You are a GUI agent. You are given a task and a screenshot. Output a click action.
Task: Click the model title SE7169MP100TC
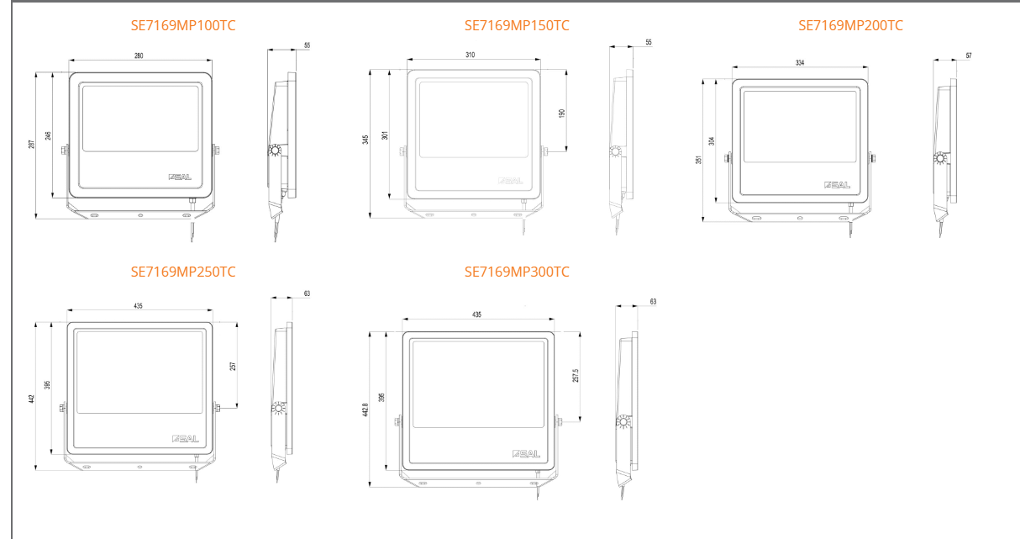183,25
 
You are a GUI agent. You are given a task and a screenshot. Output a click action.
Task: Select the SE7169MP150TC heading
517,25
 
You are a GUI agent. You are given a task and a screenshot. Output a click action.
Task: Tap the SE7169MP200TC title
850,25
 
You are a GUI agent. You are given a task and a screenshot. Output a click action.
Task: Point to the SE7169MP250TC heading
183,272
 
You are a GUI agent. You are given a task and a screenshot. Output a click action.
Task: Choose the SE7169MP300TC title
517,272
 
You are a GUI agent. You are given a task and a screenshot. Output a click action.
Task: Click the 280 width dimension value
139,55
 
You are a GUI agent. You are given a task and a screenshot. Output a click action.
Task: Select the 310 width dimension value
471,55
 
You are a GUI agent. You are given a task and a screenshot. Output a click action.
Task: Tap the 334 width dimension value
800,62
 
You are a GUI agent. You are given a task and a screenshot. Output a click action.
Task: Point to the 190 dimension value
562,114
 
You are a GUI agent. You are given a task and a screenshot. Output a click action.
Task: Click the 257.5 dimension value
576,375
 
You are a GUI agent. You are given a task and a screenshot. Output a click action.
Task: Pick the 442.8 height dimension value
365,410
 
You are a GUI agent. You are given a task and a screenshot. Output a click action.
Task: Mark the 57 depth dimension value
969,55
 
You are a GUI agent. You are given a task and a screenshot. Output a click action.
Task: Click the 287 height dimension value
31,144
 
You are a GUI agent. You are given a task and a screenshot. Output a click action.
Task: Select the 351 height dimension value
698,160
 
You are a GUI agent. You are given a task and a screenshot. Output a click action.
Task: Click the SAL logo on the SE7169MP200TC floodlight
837,185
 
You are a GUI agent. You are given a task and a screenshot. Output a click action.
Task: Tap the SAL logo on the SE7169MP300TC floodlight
526,454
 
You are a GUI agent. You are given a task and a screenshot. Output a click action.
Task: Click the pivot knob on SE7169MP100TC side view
275,151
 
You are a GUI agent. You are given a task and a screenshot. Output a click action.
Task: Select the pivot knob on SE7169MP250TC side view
279,408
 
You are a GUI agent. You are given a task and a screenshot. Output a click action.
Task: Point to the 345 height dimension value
365,140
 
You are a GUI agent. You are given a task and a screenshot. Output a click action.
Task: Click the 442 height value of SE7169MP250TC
31,399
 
